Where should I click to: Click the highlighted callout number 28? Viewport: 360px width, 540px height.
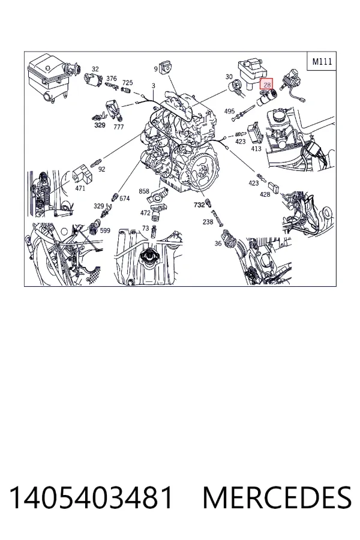coord(266,83)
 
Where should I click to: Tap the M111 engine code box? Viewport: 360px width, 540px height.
coord(322,61)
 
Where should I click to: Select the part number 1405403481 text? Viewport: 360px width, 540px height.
coord(91,497)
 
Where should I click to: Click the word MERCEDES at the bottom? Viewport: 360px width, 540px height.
coord(277,497)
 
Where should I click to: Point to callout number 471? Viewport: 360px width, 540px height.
coord(80,188)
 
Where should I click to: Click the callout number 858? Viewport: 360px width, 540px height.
coord(144,191)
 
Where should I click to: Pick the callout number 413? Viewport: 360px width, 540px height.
coord(256,149)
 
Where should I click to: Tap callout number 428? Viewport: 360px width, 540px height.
coord(265,194)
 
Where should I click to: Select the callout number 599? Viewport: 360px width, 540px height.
coord(105,230)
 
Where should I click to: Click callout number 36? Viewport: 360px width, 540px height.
coord(218,244)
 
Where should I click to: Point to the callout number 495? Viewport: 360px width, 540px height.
coord(229,111)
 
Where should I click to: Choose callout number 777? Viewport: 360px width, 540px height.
coord(119,127)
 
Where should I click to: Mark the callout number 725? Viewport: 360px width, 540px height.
coord(127,83)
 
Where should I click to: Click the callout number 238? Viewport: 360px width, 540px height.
coord(208,222)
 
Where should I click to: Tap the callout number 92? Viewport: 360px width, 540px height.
coord(101,169)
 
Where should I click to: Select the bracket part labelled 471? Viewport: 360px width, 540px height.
coord(83,174)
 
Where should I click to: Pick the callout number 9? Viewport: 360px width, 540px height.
coord(156,69)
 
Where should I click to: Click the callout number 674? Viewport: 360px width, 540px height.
coord(124,199)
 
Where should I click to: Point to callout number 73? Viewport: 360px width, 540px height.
coord(145,228)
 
